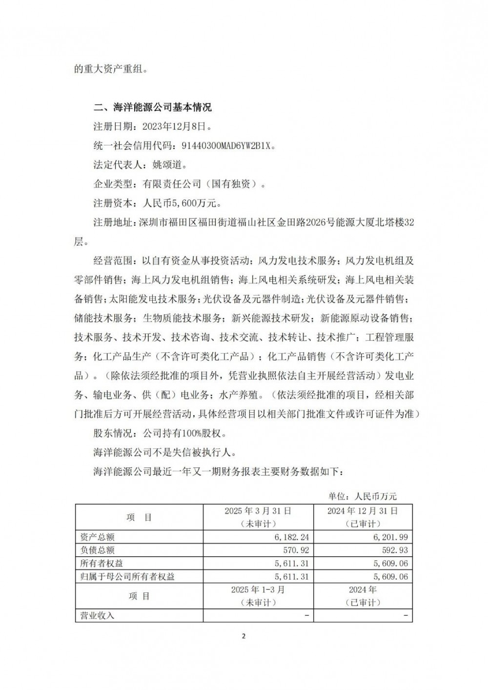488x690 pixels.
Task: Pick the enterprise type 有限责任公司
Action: pos(172,183)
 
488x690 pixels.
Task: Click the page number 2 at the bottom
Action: pos(244,636)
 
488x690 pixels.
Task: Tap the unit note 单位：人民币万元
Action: pos(362,496)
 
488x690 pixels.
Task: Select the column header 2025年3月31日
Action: pos(258,511)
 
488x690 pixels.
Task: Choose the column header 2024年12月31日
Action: pos(363,511)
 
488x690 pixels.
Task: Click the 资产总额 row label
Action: pos(97,537)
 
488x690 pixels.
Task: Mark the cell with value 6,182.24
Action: pos(291,537)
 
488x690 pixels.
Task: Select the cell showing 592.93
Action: pos(394,550)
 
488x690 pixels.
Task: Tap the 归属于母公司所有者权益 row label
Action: pos(127,576)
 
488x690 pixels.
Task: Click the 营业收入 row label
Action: pos(97,615)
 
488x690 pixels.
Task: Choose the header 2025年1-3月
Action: pos(258,589)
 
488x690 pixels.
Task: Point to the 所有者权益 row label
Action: pos(102,563)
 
